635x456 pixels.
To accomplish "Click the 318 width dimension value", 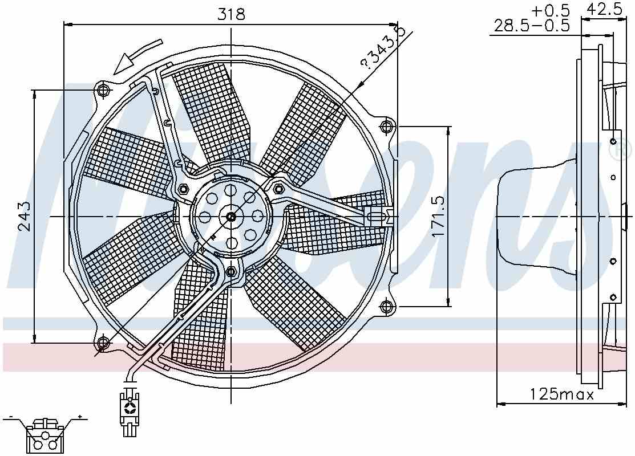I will [231, 15].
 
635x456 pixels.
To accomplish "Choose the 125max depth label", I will [562, 394].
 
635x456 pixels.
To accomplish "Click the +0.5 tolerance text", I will [551, 10].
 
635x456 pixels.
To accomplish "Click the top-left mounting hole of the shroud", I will [103, 89].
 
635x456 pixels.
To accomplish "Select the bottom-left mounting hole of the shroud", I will [103, 343].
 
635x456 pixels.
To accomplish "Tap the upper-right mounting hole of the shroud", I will [387, 126].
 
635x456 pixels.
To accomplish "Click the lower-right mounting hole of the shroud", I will [387, 307].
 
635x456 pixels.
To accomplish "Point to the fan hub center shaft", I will [230, 217].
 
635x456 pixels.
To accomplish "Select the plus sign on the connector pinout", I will [80, 417].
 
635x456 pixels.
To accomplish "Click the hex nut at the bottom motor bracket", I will [231, 270].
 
